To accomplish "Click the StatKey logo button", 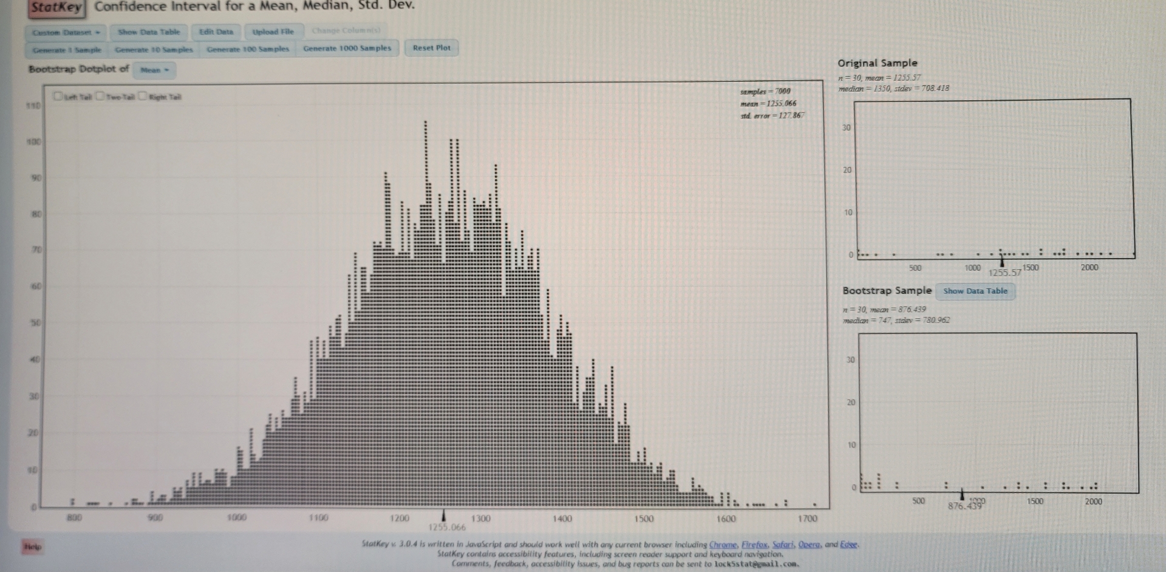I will click(56, 7).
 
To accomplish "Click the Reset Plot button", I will click(431, 48).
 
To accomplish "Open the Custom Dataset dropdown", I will click(66, 32).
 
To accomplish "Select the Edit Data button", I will click(216, 32).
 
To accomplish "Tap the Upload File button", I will click(273, 32).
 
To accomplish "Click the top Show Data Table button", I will click(149, 32).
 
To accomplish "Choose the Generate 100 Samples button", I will click(248, 49).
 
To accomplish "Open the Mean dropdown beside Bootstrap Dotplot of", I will click(154, 70).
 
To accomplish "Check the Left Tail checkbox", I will click(58, 96).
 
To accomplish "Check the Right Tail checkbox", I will click(143, 96).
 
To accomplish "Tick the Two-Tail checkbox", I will click(101, 96).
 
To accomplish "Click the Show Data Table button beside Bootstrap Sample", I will click(975, 291).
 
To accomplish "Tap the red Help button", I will click(32, 546).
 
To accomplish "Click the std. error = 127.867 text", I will click(772, 115).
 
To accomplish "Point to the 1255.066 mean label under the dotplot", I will click(447, 527).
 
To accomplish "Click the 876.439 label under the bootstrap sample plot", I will click(965, 506).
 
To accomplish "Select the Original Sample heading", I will click(878, 63).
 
